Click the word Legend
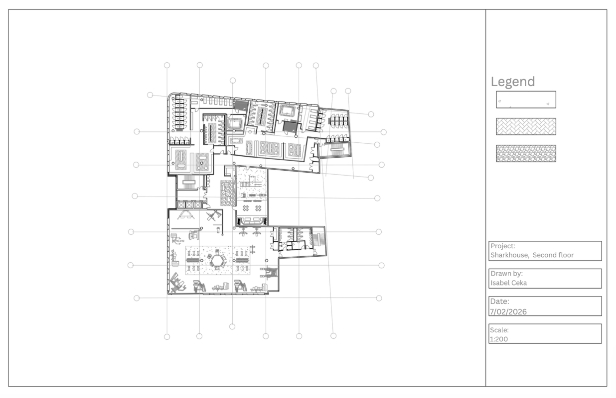point(513,82)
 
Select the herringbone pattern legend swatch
point(526,126)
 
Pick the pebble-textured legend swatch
point(526,153)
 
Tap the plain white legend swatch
point(526,99)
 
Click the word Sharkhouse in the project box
point(509,255)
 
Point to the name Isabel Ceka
point(509,283)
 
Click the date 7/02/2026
point(508,312)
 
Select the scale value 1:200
point(499,339)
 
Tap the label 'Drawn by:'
point(506,274)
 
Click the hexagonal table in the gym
point(217,260)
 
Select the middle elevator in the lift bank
point(189,204)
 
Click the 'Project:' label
point(503,246)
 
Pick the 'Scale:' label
point(499,330)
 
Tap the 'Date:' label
point(500,301)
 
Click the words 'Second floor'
point(553,255)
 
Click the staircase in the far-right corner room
point(337,151)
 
